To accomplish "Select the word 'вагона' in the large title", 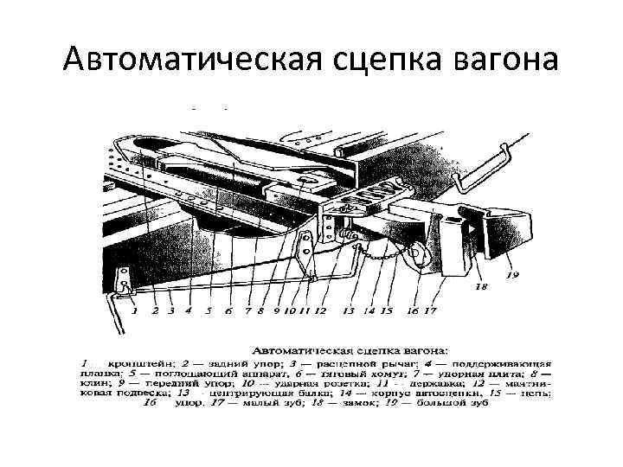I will [x=505, y=58].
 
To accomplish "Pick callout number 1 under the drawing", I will [x=135, y=309].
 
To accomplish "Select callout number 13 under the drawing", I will [x=349, y=309].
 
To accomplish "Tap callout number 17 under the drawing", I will [x=430, y=309].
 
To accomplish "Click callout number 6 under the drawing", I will [x=228, y=309].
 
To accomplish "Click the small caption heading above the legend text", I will [x=350, y=351].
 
